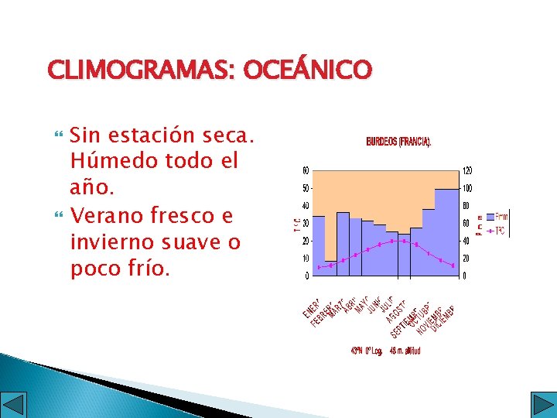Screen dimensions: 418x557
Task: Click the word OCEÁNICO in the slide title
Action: click(307, 71)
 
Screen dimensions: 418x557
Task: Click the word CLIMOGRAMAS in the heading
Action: click(142, 71)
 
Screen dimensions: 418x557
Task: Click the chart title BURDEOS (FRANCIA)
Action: click(398, 142)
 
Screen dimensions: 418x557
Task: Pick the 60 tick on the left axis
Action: click(306, 171)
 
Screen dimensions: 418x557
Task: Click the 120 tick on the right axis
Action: click(467, 171)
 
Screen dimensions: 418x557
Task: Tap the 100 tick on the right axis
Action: click(467, 189)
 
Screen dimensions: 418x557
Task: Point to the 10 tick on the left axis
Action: click(306, 259)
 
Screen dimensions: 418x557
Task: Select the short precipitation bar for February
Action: click(330, 268)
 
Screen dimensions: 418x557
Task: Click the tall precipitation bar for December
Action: click(448, 232)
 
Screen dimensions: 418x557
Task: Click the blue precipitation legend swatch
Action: click(488, 216)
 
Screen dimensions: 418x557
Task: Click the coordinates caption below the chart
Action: click(385, 351)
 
